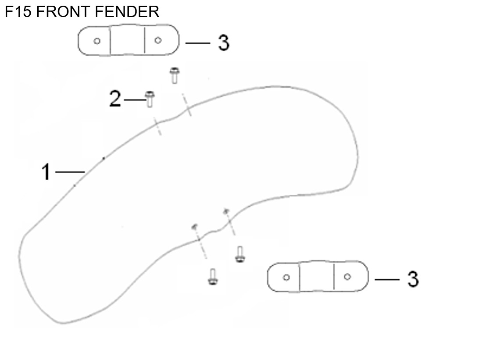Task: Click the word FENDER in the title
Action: [x=127, y=12]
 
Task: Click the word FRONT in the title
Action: [x=63, y=12]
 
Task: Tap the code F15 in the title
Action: [x=18, y=12]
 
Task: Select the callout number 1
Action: [x=46, y=172]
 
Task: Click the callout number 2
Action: [x=115, y=98]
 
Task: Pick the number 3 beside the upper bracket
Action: [x=224, y=43]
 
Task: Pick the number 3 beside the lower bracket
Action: [x=413, y=279]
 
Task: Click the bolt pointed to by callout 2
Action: [x=150, y=100]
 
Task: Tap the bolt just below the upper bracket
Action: [x=175, y=75]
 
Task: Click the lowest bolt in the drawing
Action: [x=213, y=277]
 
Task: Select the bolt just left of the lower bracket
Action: [x=240, y=254]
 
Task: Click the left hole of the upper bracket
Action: [x=97, y=41]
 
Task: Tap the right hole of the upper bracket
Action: [x=158, y=40]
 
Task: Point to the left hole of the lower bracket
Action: [x=286, y=278]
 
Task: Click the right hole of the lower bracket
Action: [x=347, y=277]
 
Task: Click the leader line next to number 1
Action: [x=70, y=172]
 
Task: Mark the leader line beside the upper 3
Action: [x=198, y=43]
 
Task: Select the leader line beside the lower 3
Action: [x=387, y=280]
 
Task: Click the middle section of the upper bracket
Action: [x=128, y=40]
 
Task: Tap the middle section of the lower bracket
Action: [x=317, y=276]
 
